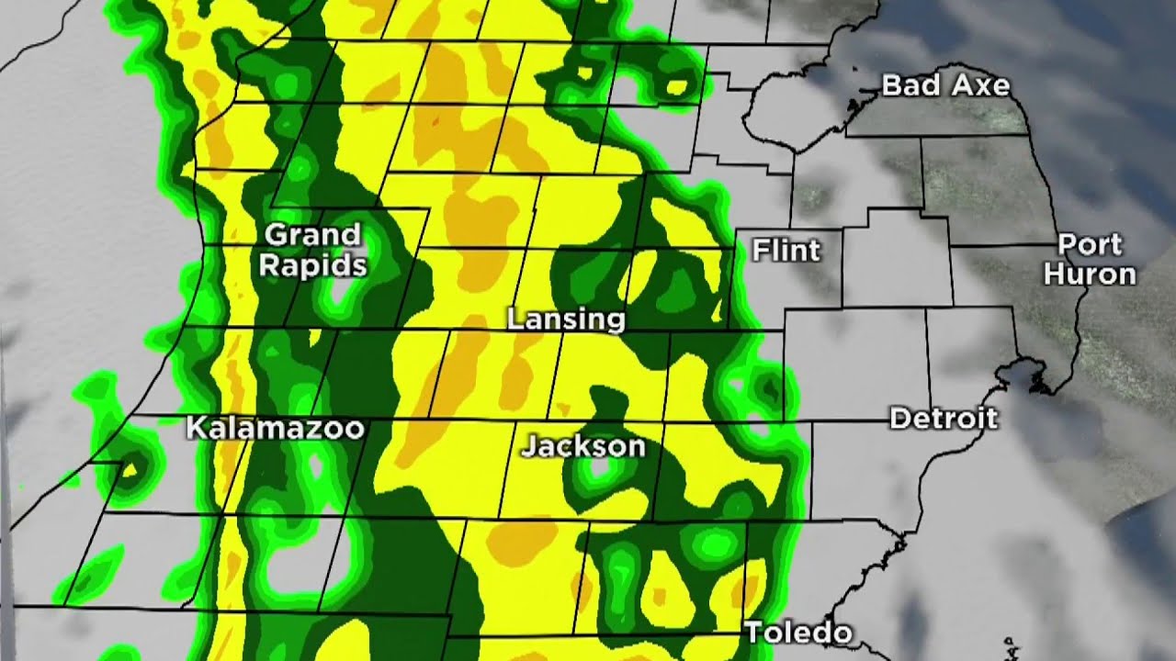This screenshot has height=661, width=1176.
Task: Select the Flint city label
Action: (x=786, y=250)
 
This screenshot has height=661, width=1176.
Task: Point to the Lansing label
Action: (x=566, y=319)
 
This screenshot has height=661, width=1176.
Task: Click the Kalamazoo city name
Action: (x=276, y=428)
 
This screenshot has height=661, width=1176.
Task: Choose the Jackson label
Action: (x=583, y=447)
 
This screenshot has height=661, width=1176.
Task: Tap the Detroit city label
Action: (x=944, y=420)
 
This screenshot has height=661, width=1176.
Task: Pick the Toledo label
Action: (x=797, y=633)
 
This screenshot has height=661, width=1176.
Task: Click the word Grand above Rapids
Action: (x=312, y=236)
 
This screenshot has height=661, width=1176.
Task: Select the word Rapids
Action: (x=312, y=266)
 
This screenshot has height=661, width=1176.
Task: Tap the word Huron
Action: (x=1090, y=274)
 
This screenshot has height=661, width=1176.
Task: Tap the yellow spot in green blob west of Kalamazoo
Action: (x=130, y=470)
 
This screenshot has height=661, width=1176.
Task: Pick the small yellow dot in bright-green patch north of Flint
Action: (x=678, y=87)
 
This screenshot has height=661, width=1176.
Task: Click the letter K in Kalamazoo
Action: (x=196, y=428)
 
